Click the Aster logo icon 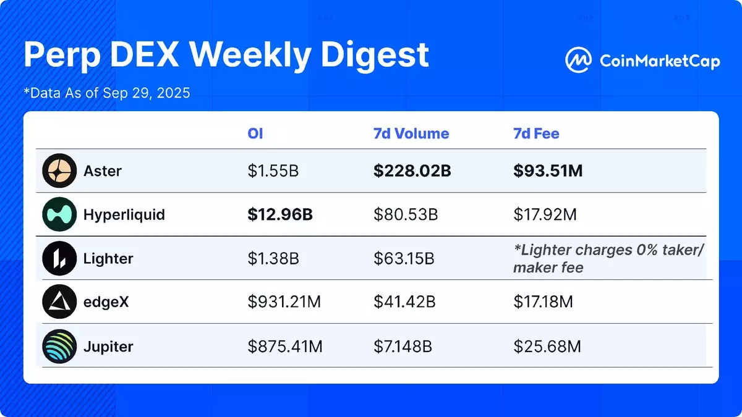(x=59, y=171)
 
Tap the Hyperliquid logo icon (x=59, y=215)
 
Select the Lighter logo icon (x=59, y=258)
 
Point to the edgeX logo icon (x=59, y=302)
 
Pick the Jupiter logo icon (x=59, y=346)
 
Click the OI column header (x=255, y=133)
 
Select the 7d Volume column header (x=411, y=133)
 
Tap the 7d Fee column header (x=536, y=133)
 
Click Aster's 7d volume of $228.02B (x=412, y=171)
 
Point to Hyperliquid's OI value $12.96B (x=280, y=215)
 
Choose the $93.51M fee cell (x=548, y=171)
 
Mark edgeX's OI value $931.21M (x=284, y=302)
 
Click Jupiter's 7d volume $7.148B (x=403, y=347)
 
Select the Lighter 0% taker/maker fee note (x=608, y=258)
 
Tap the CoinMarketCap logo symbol (x=578, y=61)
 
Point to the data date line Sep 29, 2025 (x=106, y=94)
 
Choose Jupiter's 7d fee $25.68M (x=547, y=347)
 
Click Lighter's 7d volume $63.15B (x=404, y=258)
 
